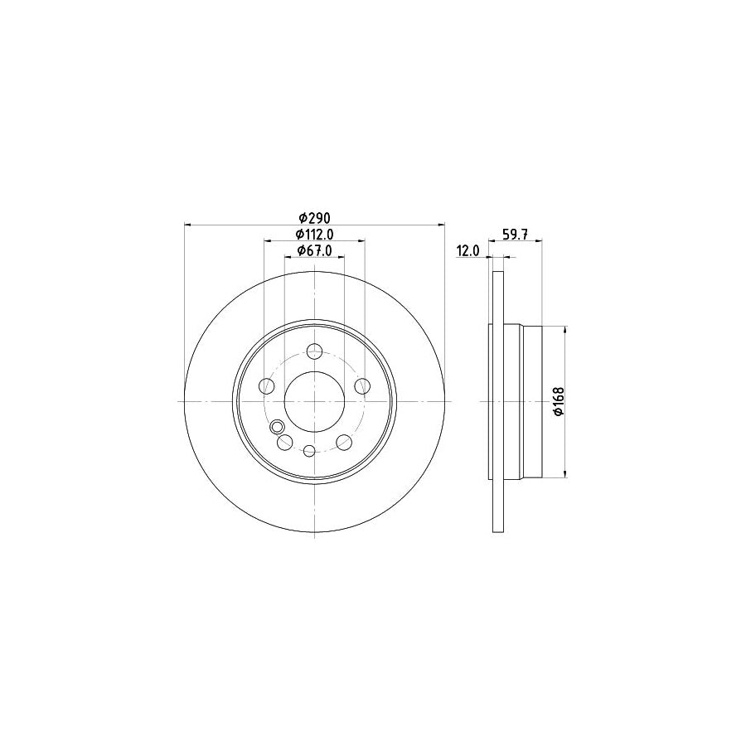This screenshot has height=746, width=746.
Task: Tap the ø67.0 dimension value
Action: pos(315,250)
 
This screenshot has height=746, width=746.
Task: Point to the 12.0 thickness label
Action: pos(468,250)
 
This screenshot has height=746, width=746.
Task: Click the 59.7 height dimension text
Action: pos(516,235)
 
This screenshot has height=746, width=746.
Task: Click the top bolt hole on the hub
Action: pos(314,351)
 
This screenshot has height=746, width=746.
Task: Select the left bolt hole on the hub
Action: pos(267,385)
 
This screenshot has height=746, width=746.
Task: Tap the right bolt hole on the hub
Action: pos(361,385)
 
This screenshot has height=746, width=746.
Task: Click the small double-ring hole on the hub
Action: pos(277,426)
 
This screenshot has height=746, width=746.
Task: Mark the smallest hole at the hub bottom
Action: pos(309,451)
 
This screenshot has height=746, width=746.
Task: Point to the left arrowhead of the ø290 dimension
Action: pos(187,224)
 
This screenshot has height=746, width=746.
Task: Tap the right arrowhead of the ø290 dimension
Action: pos(441,224)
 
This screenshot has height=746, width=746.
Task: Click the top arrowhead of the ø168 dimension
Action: pos(566,330)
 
